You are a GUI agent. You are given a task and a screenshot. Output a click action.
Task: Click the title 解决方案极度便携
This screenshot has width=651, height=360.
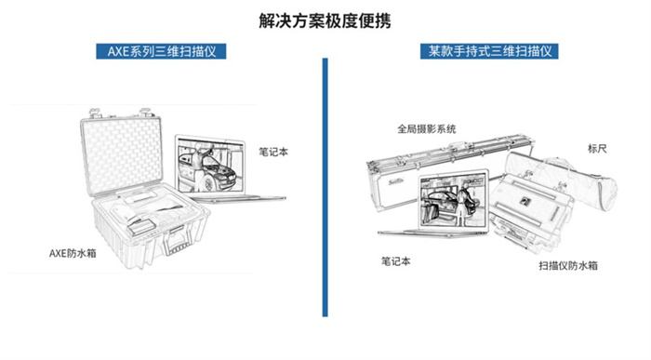click(325, 20)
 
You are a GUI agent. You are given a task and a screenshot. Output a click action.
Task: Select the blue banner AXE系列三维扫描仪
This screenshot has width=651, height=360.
click(161, 51)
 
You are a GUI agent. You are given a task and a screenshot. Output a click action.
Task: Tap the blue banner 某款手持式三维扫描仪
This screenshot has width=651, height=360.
click(489, 51)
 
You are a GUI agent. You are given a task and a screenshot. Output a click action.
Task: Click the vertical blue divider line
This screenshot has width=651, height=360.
click(325, 187)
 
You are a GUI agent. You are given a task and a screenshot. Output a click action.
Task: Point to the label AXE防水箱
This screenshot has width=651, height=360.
click(73, 253)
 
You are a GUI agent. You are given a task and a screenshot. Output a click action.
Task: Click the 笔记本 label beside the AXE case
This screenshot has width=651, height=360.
click(273, 152)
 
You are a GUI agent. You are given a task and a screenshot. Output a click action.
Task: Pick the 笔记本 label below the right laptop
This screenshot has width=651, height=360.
click(395, 261)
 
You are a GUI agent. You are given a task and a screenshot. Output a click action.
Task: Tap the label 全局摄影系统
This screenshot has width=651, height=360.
click(426, 128)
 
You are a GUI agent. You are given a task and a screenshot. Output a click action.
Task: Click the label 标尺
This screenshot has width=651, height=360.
click(597, 148)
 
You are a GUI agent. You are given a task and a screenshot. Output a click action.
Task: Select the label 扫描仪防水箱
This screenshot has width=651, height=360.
click(568, 265)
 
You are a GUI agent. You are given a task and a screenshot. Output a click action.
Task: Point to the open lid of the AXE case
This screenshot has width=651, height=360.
click(121, 156)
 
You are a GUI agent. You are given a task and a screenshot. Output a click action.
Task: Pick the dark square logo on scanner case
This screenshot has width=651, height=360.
click(525, 201)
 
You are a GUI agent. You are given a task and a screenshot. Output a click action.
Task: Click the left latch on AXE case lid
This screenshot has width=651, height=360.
click(96, 113)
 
